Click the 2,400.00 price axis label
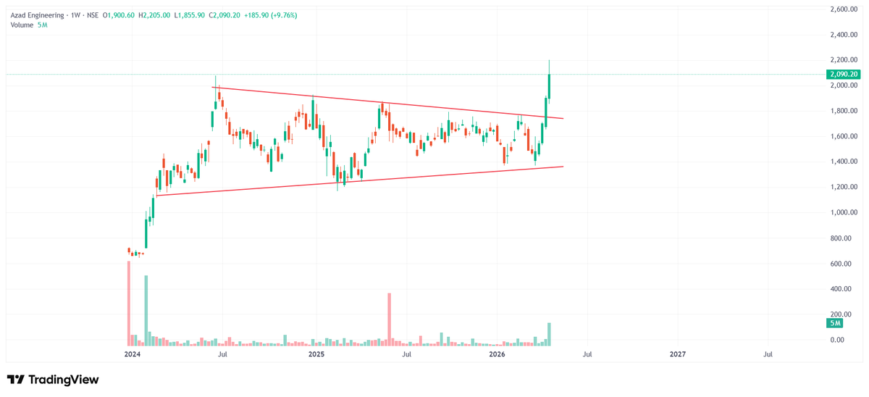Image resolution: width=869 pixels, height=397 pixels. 841,35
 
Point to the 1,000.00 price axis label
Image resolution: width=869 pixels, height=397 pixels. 841,213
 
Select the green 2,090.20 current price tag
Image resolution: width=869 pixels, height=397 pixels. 842,75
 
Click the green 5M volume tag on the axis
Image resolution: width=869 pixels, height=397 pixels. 834,322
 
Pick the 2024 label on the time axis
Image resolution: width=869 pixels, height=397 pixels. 132,354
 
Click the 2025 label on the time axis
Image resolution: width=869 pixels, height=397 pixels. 316,354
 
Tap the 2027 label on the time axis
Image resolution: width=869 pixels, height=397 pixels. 678,354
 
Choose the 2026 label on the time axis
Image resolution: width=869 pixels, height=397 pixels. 497,354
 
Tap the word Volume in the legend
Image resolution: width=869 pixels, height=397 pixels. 22,25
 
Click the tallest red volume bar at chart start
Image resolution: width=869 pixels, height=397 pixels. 129,301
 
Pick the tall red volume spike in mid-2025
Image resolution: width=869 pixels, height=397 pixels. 390,317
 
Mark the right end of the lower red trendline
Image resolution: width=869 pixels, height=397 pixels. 563,167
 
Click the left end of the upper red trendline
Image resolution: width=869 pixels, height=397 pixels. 211,88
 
